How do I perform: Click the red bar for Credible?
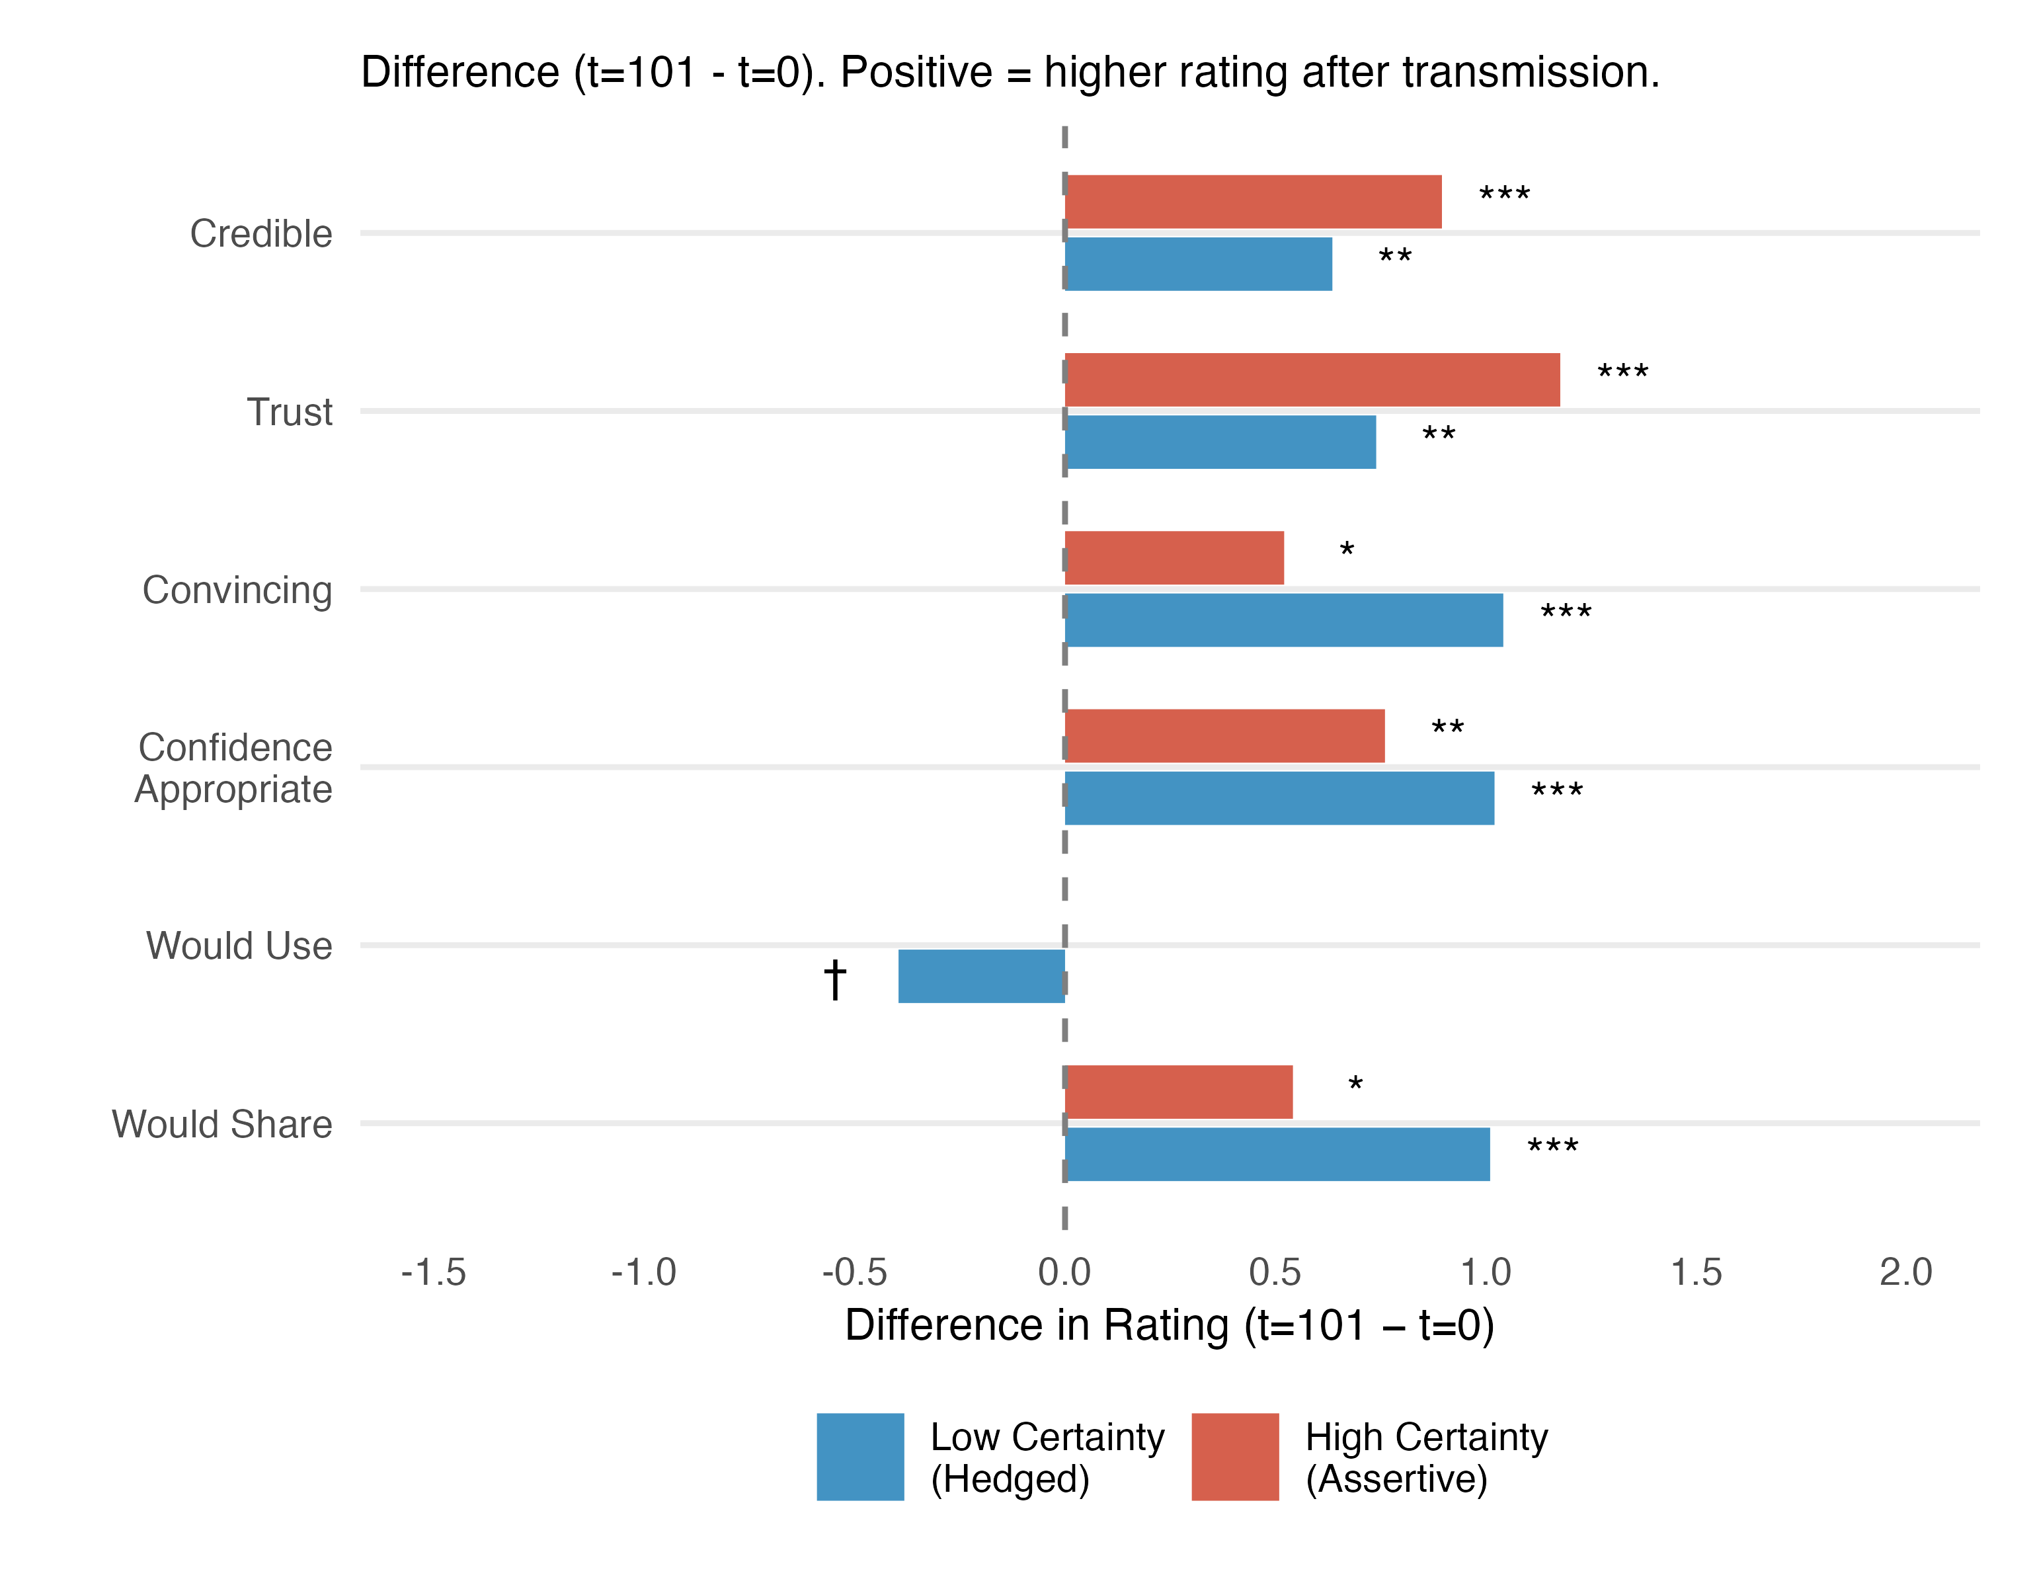coord(1252,201)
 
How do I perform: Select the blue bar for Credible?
coord(1198,264)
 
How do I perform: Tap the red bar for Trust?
coord(1312,380)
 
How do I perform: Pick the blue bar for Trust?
coord(1220,442)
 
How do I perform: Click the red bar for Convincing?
coord(1174,558)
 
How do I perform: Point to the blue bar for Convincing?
coord(1283,621)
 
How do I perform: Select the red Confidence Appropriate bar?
coord(1224,736)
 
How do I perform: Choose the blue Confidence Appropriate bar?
coord(1279,799)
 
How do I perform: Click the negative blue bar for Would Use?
coord(981,977)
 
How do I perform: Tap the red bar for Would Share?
coord(1179,1092)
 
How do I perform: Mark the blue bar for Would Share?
coord(1277,1155)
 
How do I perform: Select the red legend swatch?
coord(1234,1457)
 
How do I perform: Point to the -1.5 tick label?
coord(433,1273)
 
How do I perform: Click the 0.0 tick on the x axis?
coord(1064,1273)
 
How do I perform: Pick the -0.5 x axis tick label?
coord(854,1273)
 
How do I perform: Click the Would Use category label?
coord(239,946)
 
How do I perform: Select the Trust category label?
coord(290,412)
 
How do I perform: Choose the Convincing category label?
coord(237,590)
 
